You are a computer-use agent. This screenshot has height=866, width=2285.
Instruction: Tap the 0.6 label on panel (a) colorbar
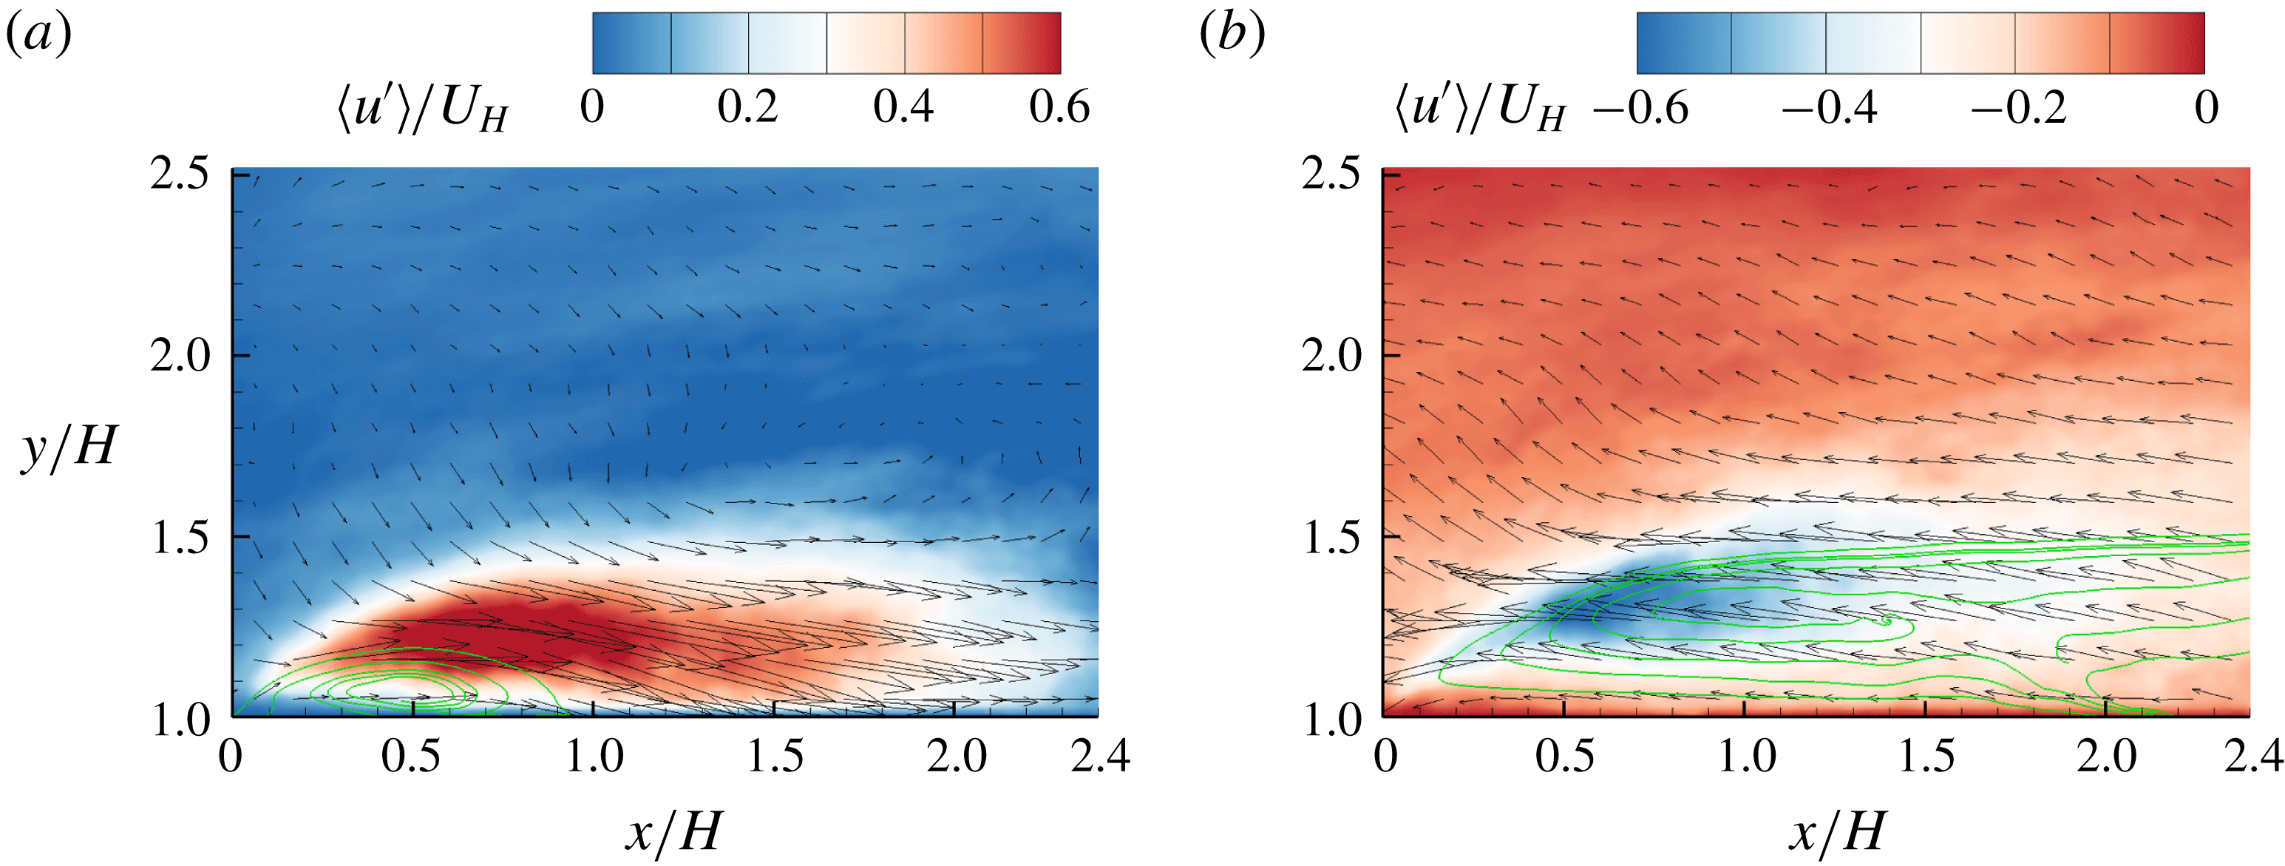[x=1059, y=108]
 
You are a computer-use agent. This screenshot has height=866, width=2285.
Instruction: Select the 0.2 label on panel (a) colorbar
[x=748, y=108]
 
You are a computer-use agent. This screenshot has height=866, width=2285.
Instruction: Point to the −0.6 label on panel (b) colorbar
[x=1640, y=108]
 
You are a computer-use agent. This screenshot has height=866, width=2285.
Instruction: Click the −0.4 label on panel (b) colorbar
[x=1829, y=108]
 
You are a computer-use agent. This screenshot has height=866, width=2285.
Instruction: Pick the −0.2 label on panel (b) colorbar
[x=2019, y=108]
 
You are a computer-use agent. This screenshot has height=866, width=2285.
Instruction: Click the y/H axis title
[x=69, y=445]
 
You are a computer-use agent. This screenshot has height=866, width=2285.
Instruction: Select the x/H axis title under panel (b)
[x=1836, y=832]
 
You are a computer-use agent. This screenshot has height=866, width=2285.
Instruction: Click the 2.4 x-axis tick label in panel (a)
[x=1100, y=757]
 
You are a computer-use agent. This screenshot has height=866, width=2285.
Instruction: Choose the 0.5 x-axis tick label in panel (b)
[x=1565, y=757]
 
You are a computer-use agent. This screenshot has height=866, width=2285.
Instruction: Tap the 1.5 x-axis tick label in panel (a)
[x=775, y=757]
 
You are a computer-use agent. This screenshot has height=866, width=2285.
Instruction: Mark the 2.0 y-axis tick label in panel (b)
[x=1331, y=356]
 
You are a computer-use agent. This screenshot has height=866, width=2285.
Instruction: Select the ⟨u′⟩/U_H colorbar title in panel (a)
[x=422, y=111]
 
